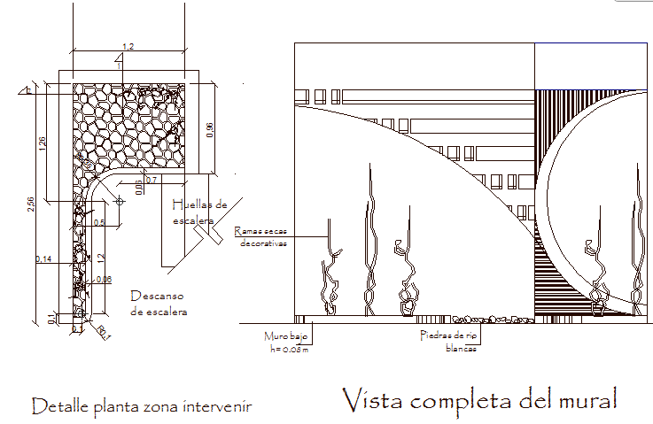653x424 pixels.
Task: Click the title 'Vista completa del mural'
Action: click(x=478, y=399)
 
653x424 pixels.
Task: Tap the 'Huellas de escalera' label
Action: click(x=199, y=212)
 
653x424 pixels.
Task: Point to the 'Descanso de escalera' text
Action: click(x=159, y=303)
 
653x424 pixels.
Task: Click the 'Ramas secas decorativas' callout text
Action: click(x=262, y=237)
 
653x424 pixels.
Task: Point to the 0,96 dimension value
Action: click(x=209, y=129)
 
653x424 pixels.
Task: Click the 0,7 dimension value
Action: click(x=151, y=181)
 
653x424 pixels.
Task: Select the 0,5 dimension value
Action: click(x=98, y=223)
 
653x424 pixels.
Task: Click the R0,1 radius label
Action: click(x=103, y=333)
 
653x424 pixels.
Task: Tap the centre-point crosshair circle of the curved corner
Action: click(x=119, y=201)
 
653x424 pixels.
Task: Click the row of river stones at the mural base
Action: click(x=483, y=316)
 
